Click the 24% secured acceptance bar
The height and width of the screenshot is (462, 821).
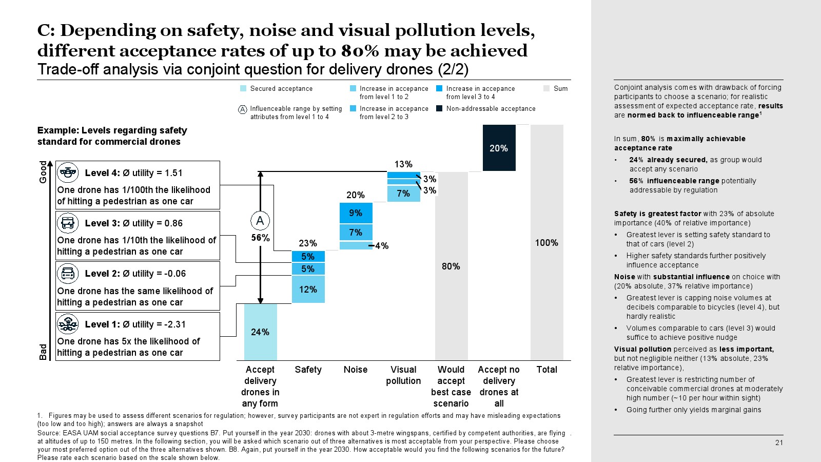click(x=260, y=332)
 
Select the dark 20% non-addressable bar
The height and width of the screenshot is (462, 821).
click(x=499, y=148)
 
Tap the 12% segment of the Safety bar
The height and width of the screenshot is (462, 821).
click(x=308, y=289)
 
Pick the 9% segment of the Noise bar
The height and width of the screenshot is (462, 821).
click(x=356, y=213)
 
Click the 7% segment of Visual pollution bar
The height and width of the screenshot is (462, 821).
click(x=403, y=193)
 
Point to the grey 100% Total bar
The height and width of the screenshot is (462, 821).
click(x=546, y=242)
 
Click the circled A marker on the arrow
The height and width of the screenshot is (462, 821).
click(x=260, y=221)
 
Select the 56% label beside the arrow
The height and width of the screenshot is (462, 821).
click(x=260, y=238)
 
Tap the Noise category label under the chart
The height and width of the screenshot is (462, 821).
click(x=356, y=370)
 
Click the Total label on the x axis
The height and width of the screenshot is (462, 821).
click(x=546, y=370)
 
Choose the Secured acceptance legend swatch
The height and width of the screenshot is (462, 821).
click(x=243, y=88)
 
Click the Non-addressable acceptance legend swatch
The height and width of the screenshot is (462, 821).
click(x=439, y=108)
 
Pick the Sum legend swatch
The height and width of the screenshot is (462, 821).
click(x=546, y=88)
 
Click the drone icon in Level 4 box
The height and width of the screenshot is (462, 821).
click(x=68, y=172)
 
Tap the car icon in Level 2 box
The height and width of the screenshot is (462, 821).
click(x=68, y=273)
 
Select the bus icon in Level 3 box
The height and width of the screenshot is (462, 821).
click(x=68, y=223)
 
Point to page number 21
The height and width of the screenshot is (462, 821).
click(x=779, y=442)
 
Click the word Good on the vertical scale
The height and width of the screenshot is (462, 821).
click(x=43, y=172)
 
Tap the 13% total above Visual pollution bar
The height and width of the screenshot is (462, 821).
click(x=403, y=164)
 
